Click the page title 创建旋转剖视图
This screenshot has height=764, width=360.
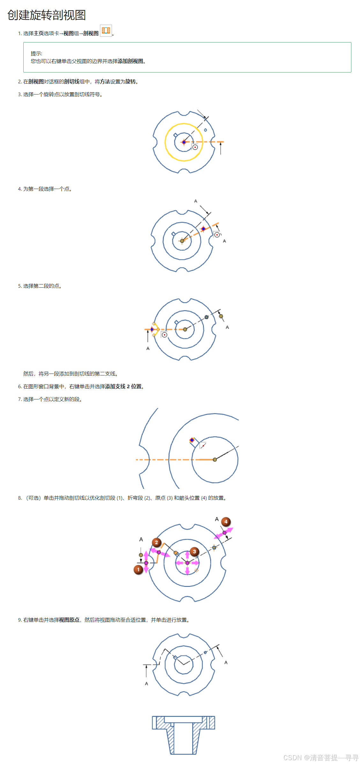click(47, 15)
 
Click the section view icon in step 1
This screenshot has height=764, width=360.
click(106, 31)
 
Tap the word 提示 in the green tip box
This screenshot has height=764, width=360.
click(36, 54)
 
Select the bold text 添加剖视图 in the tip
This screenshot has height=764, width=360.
click(130, 61)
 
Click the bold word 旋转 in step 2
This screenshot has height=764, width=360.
click(130, 82)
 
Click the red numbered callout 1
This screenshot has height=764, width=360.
click(138, 570)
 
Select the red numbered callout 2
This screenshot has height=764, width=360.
click(156, 542)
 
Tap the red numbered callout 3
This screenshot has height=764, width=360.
click(194, 551)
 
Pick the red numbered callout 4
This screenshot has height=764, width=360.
click(226, 522)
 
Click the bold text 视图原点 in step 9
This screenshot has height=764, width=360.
click(69, 620)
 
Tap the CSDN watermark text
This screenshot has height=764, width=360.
click(321, 758)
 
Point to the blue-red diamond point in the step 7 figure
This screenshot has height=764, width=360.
click(192, 440)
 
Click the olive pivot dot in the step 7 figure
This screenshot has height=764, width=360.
click(215, 460)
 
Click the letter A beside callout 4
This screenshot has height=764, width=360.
click(217, 519)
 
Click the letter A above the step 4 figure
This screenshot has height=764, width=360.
click(196, 201)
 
